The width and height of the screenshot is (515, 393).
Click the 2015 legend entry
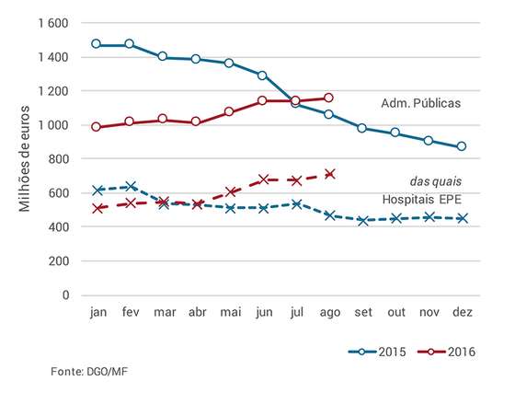coord(377,352)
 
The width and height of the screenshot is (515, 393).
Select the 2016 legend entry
coord(446,352)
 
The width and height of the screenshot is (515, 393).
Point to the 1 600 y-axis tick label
coord(53,23)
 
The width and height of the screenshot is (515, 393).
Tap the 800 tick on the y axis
coord(59,159)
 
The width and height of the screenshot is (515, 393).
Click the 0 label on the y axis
coord(65,295)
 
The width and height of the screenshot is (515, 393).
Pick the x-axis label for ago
coord(330,312)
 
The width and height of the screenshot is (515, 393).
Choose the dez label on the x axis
coord(462,311)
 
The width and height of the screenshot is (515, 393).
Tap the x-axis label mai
coord(231,311)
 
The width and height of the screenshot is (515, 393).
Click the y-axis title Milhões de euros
coord(24,158)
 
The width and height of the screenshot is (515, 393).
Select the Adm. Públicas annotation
coord(421,103)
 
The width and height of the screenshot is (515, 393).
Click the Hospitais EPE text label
coord(422,200)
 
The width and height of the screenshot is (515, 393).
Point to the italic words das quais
coord(436,181)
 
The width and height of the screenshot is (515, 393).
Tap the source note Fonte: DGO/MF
coord(89,372)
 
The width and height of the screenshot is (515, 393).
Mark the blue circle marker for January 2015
coord(96,43)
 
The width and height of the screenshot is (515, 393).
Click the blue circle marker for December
coord(462,146)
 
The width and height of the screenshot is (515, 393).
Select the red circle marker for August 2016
coord(328,98)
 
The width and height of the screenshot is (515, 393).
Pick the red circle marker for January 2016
coord(96,127)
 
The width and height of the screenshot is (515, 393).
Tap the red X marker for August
coord(330,174)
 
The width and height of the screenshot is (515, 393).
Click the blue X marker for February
coord(131,187)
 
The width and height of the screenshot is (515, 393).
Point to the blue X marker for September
coord(363,221)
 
